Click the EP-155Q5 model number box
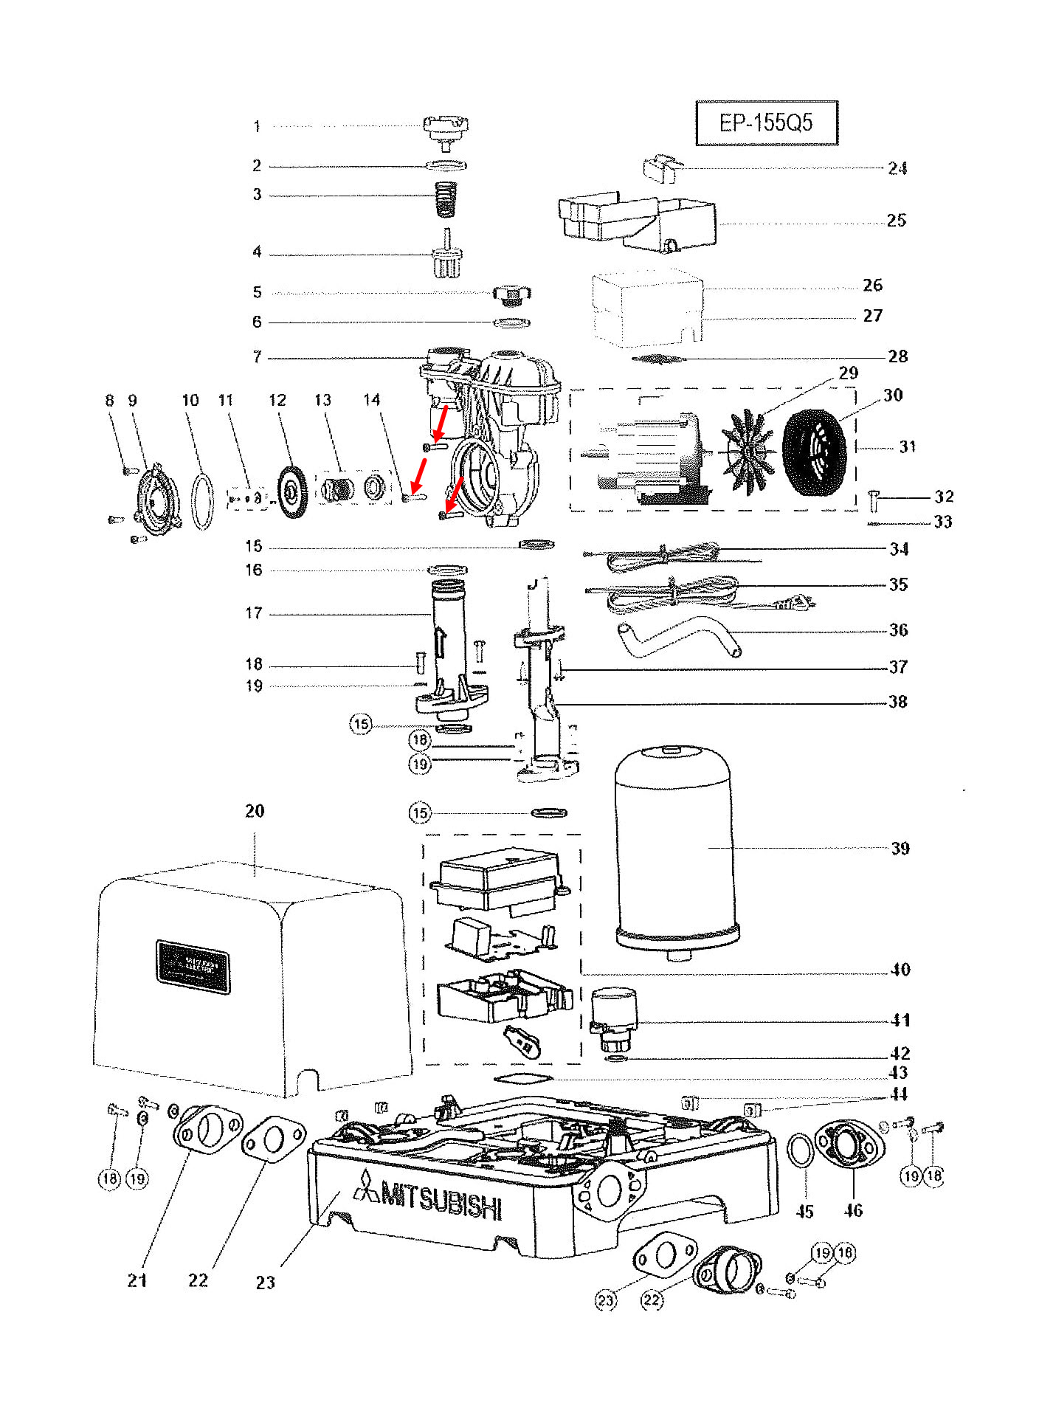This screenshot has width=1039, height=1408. point(766,122)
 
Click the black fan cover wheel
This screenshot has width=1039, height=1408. point(813,452)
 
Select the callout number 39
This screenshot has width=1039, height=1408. point(900,848)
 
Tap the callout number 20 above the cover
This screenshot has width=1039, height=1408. point(255,811)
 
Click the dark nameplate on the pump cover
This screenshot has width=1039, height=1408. point(193,967)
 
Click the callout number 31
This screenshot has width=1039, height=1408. point(907,446)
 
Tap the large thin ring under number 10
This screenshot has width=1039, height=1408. point(203,502)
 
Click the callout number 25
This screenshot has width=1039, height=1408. point(896,220)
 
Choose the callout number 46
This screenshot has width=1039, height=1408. point(853,1210)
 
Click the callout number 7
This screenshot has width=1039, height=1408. point(257,357)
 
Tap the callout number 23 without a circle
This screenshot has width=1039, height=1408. point(266,1283)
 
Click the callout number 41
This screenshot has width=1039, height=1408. point(900,1020)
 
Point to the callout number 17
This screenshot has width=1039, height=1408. point(254,612)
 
